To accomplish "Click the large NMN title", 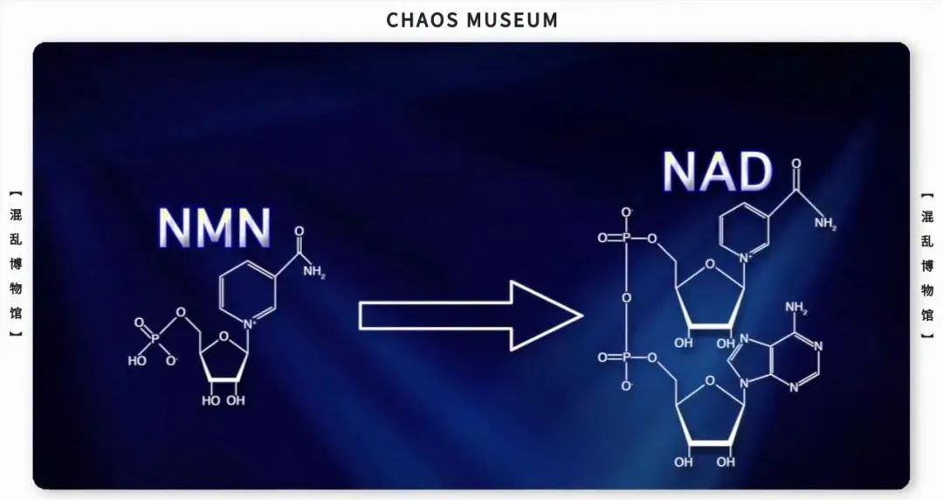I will pyautogui.click(x=215, y=227).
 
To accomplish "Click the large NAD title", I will pyautogui.click(x=717, y=172).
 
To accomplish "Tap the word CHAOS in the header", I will pyautogui.click(x=423, y=19).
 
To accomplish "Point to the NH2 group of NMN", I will pyautogui.click(x=313, y=272).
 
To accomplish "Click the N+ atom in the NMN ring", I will pyautogui.click(x=250, y=325).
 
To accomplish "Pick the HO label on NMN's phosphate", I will pyautogui.click(x=136, y=360).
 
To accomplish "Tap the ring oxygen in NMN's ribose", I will pyautogui.click(x=224, y=334).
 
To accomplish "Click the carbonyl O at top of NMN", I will pyautogui.click(x=299, y=233).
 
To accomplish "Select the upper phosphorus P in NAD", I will pyautogui.click(x=627, y=239).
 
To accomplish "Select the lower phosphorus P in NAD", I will pyautogui.click(x=627, y=358).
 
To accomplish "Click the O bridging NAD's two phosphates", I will pyautogui.click(x=627, y=298).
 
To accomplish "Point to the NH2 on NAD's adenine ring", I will pyautogui.click(x=796, y=308).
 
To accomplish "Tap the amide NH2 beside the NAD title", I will pyautogui.click(x=824, y=223).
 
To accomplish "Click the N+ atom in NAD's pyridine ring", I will pyautogui.click(x=746, y=258).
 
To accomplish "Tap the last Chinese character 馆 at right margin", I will pyautogui.click(x=927, y=314).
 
